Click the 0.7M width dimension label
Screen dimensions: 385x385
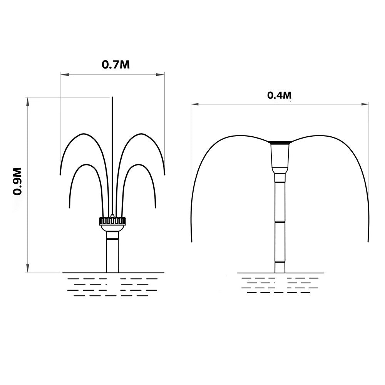(x=115, y=65)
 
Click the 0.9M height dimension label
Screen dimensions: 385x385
(x=17, y=181)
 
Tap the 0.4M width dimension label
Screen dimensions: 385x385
(x=280, y=95)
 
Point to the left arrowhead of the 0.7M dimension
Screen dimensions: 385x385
(x=64, y=74)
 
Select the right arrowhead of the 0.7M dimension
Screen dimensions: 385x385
(x=160, y=74)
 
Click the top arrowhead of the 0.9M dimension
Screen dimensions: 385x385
(x=28, y=101)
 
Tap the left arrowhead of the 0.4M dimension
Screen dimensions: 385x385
(x=195, y=104)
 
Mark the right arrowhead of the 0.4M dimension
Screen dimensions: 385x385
(x=365, y=104)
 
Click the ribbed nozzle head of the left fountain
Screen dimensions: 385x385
(x=112, y=221)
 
